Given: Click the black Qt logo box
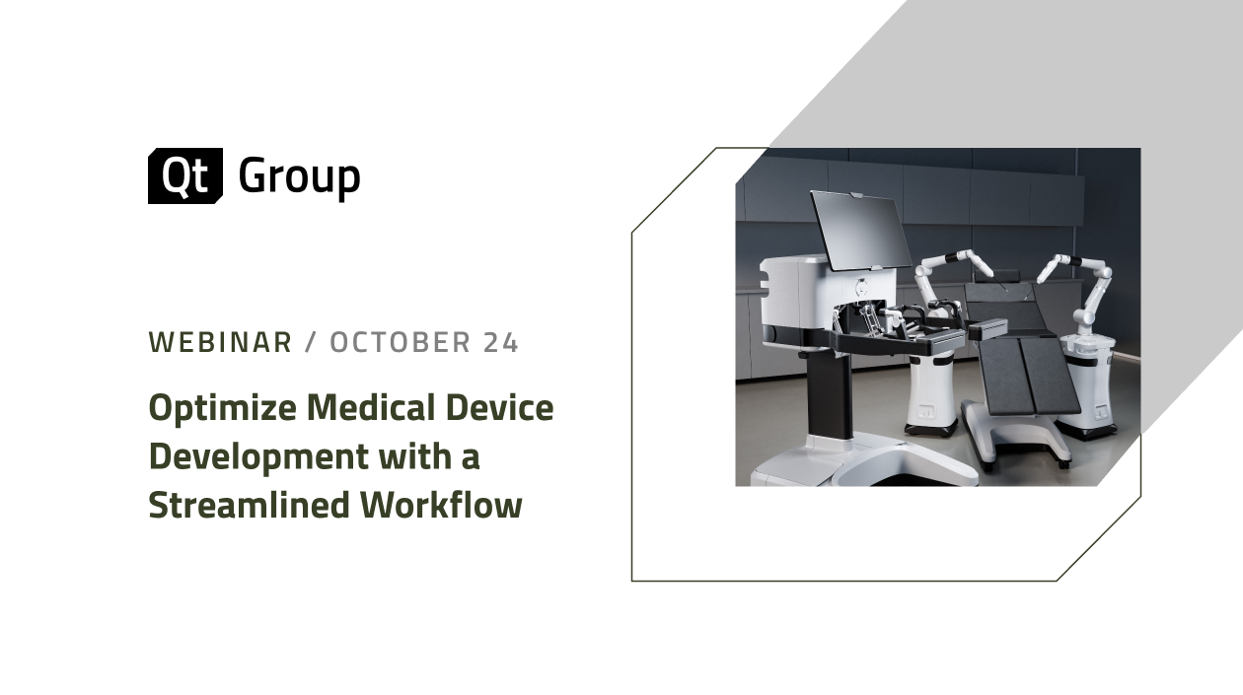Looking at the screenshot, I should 184,176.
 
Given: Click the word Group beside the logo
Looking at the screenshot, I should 299,178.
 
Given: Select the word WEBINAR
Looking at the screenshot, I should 220,343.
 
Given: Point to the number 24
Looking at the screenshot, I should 501,343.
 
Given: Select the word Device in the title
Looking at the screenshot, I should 506,407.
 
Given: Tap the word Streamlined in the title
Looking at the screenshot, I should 250,505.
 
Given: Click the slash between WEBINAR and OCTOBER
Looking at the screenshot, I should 311,343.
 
